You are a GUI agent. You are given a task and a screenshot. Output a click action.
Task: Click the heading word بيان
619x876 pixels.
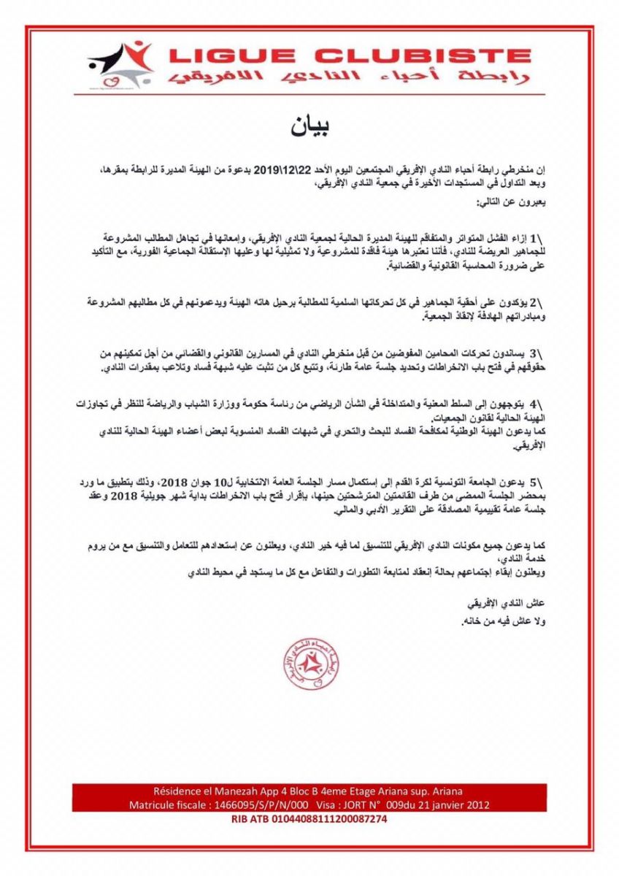309,126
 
